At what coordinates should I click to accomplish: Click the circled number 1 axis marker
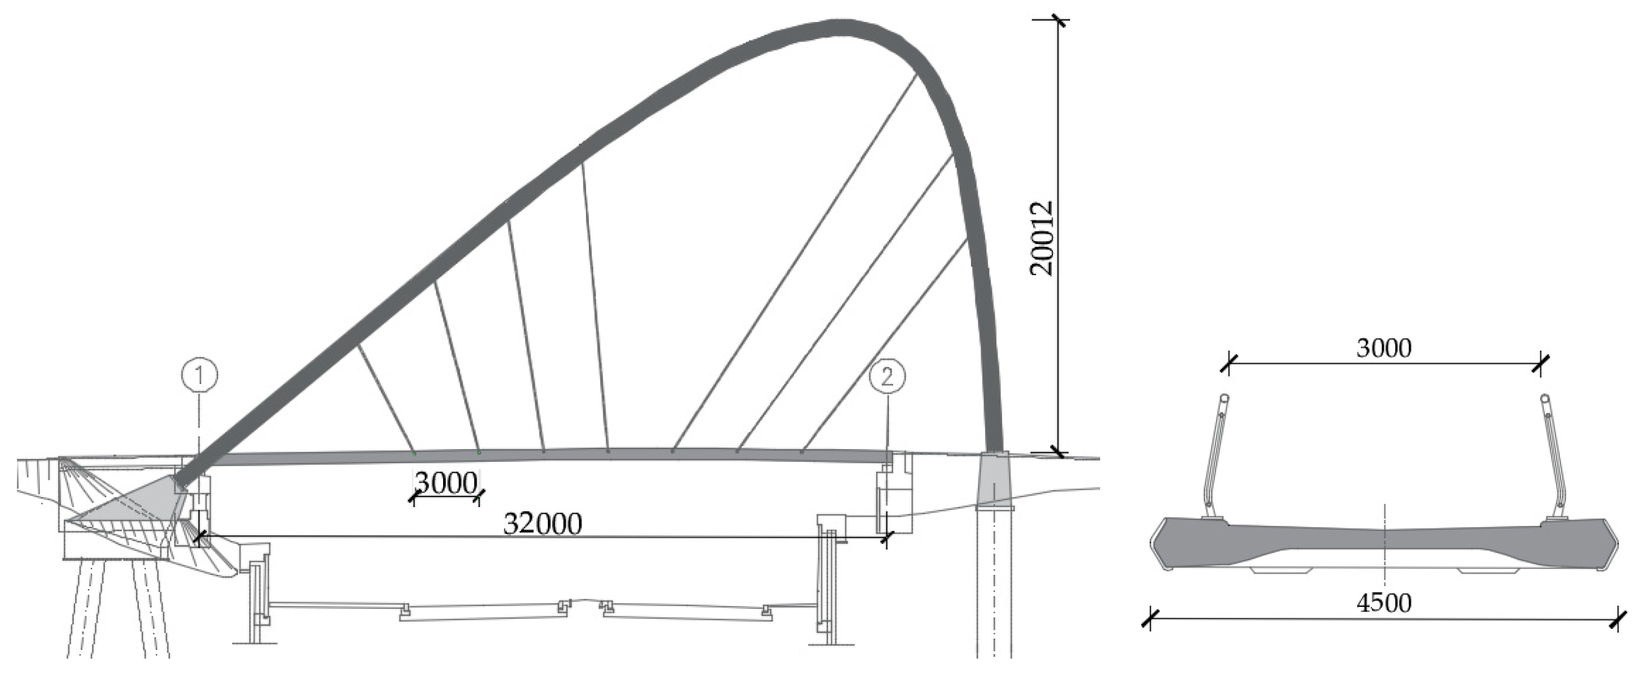(199, 375)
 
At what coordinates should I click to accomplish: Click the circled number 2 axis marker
(887, 376)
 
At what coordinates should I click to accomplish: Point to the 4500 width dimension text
(1383, 602)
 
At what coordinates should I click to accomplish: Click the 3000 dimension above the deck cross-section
(1383, 348)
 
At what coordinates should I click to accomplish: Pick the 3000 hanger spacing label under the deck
(446, 483)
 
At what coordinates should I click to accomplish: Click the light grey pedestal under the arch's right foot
(993, 478)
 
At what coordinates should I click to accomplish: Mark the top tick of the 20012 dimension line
(1058, 21)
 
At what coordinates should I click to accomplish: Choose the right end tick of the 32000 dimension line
(886, 538)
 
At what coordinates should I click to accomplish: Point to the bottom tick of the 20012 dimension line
(1058, 452)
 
